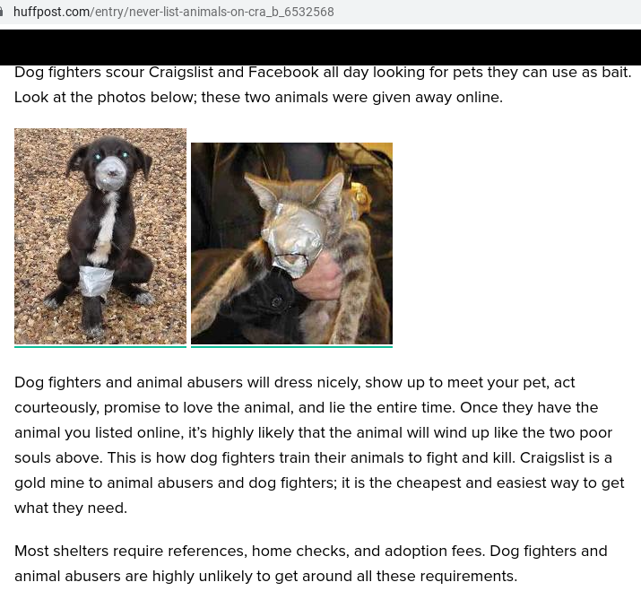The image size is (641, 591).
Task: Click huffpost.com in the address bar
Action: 51,12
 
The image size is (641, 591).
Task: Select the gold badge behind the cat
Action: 360,197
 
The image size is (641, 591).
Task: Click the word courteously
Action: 56,408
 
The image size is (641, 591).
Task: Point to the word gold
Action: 30,483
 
